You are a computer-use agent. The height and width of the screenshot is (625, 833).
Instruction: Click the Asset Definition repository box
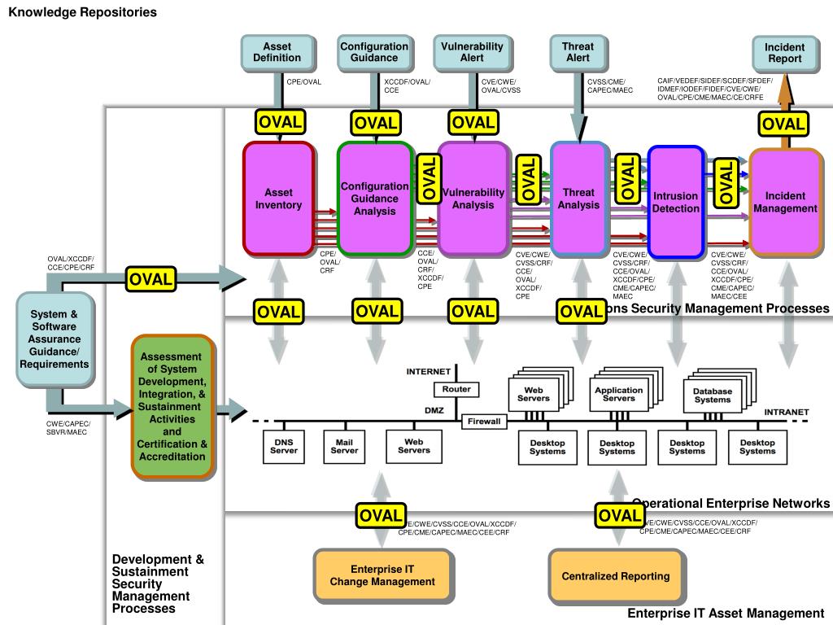pyautogui.click(x=277, y=52)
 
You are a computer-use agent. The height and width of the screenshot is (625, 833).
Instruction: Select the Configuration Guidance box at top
pyautogui.click(x=374, y=52)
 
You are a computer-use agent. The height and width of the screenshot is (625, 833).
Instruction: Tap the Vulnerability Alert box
pyautogui.click(x=472, y=52)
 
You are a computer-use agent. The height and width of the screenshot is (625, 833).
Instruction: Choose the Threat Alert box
pyautogui.click(x=578, y=52)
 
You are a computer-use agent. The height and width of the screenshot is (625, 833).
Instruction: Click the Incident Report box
pyautogui.click(x=784, y=54)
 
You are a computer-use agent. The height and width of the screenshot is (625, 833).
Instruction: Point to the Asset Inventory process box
pyautogui.click(x=278, y=199)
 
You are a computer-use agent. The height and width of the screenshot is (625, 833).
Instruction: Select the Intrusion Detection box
pyautogui.click(x=676, y=202)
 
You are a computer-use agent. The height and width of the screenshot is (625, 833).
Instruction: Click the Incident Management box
pyautogui.click(x=785, y=202)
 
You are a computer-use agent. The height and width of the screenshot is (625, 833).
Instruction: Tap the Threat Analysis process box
pyautogui.click(x=578, y=199)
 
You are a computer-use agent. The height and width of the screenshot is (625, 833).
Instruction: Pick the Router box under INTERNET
pyautogui.click(x=456, y=390)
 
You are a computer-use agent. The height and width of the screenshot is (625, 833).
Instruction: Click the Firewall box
pyautogui.click(x=484, y=422)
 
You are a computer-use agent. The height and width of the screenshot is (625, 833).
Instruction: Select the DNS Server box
pyautogui.click(x=284, y=445)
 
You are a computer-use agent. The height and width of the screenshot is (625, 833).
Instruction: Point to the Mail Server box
pyautogui.click(x=344, y=445)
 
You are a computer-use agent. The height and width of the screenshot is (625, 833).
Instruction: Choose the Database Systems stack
pyautogui.click(x=713, y=395)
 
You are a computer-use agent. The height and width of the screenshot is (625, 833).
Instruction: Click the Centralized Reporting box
pyautogui.click(x=616, y=576)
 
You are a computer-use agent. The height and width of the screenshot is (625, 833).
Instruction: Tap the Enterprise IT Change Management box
pyautogui.click(x=382, y=575)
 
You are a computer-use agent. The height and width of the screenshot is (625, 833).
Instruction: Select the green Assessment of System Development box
pyautogui.click(x=172, y=406)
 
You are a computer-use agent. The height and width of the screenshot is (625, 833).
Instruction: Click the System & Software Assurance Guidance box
pyautogui.click(x=55, y=339)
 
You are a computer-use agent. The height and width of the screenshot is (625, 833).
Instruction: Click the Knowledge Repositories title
pyautogui.click(x=83, y=12)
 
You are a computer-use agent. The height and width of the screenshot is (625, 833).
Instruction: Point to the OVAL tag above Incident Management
pyautogui.click(x=783, y=125)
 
